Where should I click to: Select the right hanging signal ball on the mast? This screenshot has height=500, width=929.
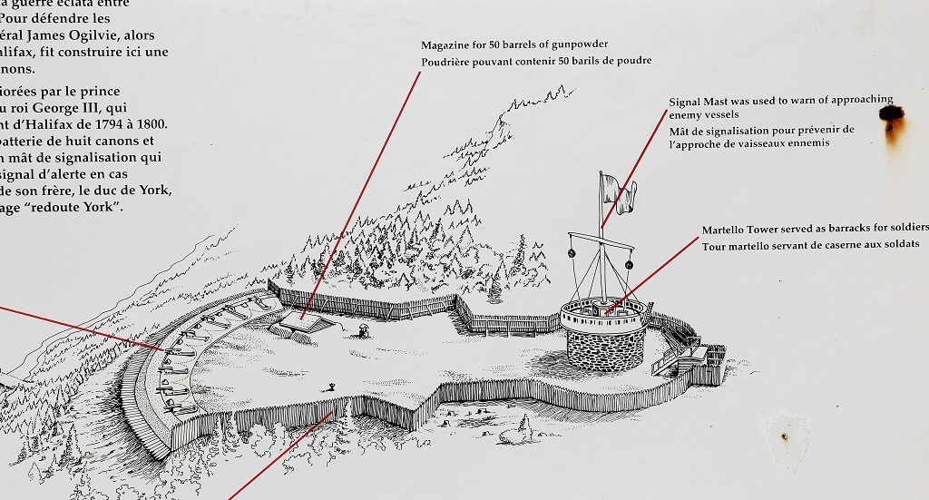click(x=627, y=264)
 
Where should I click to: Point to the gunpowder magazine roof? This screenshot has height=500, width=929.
click(x=302, y=319)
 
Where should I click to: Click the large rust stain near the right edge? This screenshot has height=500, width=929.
click(x=891, y=116)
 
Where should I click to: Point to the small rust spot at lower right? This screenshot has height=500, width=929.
click(x=784, y=437)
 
